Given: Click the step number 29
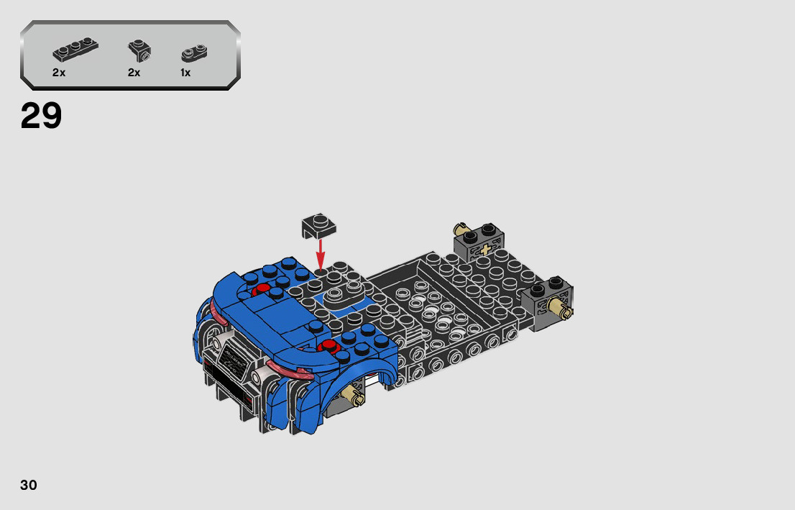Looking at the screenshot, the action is [41, 116].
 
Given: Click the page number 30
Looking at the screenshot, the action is [29, 485].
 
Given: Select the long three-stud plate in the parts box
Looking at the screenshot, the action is [75, 49].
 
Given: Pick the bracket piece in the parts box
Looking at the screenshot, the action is [139, 51].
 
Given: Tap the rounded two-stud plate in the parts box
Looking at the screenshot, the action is [194, 53].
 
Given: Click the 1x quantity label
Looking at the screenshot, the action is [185, 73].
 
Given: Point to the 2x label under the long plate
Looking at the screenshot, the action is [59, 73].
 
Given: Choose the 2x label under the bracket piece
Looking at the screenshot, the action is [134, 73].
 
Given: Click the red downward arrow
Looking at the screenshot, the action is [320, 254].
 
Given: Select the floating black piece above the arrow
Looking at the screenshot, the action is [319, 225].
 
